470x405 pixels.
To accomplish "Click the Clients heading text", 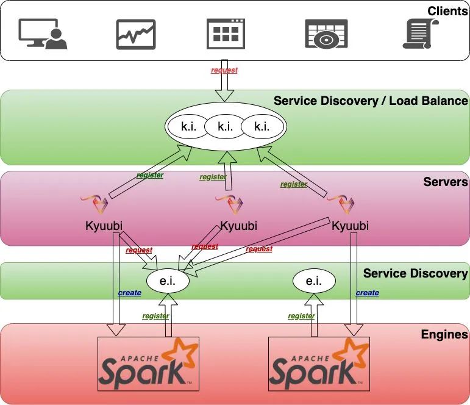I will pos(447,11).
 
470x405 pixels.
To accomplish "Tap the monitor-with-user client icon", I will pos(43,34).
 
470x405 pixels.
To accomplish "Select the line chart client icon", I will pos(136,34).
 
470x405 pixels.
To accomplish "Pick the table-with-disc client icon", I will pos(326,34).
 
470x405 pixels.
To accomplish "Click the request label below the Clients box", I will pos(224,70).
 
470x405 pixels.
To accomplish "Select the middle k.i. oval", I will pos(225,127).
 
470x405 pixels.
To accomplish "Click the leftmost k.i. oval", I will pos(187,127).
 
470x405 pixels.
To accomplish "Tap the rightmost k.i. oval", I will pos(262,127).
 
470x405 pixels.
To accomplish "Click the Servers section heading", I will pos(446,182).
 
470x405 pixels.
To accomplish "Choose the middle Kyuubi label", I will pos(238,226).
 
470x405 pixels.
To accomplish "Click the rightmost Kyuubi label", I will pos(351,226).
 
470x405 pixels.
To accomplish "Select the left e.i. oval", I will pos(168,281).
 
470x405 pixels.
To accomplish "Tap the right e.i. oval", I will pos(314,281).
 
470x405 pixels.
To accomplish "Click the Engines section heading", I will pos(444,334).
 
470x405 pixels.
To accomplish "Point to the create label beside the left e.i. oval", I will pos(129,293).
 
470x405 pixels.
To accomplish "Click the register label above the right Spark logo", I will pos(301,316).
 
